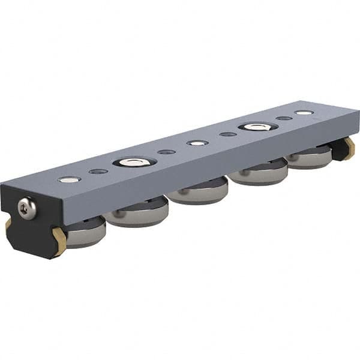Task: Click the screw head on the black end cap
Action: pos(26,208)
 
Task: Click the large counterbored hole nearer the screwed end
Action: pos(134,162)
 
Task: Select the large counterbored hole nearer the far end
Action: pos(258,127)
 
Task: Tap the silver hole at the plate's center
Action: pos(197,143)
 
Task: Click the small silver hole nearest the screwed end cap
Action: pos(70,179)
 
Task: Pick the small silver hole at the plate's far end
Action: pos(304,112)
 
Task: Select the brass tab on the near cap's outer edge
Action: pos(8,225)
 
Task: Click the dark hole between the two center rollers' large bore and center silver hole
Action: pos(166,152)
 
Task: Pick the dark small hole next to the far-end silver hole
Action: pos(284,118)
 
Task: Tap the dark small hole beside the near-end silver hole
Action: pos(98,172)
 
